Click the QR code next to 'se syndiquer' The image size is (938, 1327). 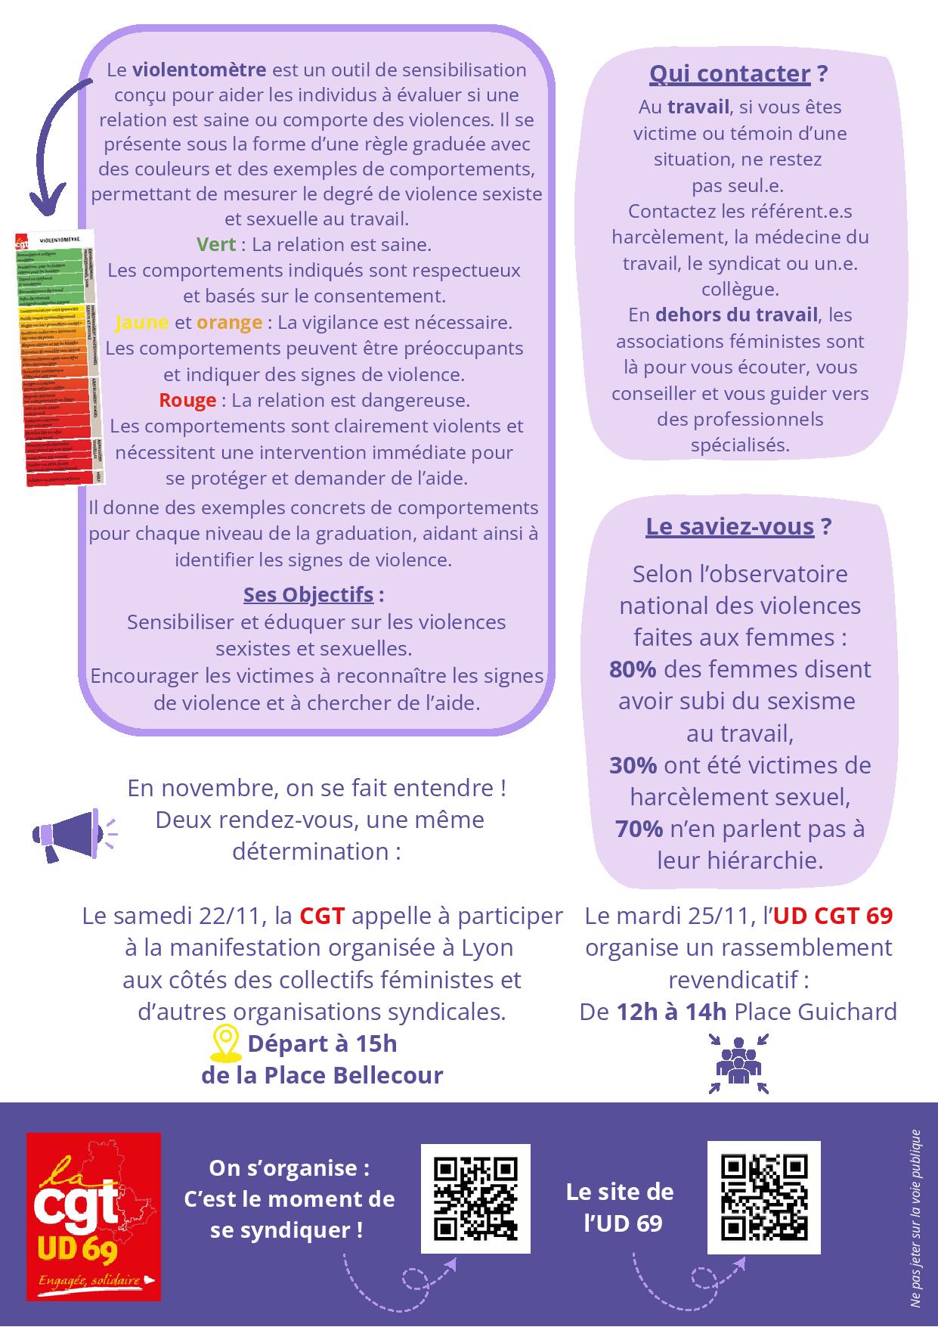coord(475,1199)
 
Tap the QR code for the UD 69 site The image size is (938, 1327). coord(763,1198)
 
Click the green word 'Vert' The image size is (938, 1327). coord(216,244)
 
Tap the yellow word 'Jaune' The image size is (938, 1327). coord(141,322)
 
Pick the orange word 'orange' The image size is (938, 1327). coord(229,322)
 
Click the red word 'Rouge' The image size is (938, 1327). coord(187,400)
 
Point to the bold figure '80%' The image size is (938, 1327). coord(633,669)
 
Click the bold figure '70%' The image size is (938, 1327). coord(639,829)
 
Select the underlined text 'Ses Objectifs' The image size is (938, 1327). coord(308,594)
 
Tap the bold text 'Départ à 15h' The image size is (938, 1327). coord(322,1043)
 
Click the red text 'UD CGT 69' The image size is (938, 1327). coord(832,916)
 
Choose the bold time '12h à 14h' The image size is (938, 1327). coord(671,1012)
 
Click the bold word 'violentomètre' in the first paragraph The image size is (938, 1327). coord(200,70)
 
